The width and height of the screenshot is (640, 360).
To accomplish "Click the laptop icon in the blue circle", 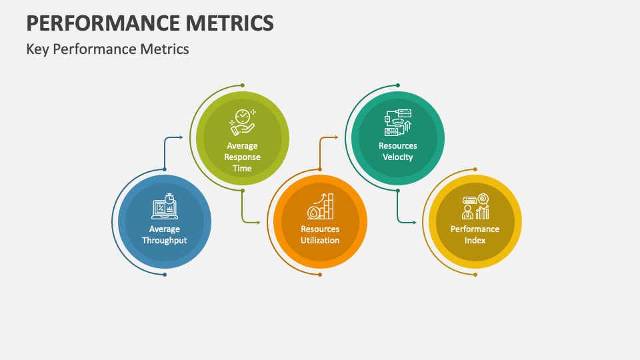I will click(164, 207).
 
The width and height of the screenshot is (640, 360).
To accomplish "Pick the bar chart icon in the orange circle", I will click(320, 207).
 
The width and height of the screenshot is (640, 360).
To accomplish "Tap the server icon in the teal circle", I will click(398, 123).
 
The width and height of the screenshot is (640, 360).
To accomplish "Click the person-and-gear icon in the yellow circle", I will click(475, 207).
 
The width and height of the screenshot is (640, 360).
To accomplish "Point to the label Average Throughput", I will click(164, 235).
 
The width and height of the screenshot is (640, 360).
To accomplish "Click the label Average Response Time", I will click(242, 157).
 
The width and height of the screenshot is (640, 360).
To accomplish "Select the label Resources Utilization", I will click(320, 235).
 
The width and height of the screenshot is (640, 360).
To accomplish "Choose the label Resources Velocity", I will click(398, 151).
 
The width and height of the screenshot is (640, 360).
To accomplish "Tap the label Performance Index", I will click(475, 235).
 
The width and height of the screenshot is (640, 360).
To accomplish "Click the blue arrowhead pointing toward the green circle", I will click(181, 138).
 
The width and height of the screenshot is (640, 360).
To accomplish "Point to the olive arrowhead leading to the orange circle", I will click(259, 221).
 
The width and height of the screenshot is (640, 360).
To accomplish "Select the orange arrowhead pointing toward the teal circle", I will click(337, 138).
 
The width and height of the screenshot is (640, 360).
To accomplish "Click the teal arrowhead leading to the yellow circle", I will click(415, 221).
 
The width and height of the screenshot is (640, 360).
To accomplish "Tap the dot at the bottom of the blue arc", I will click(165, 274).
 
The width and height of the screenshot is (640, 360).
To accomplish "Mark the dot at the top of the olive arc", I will click(242, 85).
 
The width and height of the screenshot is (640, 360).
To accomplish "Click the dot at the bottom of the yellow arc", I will click(475, 274).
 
